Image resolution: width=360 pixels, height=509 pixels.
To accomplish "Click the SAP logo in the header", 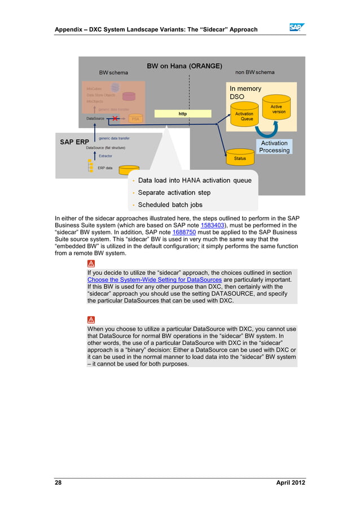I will click(297, 28).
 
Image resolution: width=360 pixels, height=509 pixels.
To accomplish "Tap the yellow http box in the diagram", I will click(182, 113).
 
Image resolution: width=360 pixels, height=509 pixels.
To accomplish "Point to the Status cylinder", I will click(240, 157).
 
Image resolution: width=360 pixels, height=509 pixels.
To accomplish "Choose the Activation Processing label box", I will click(274, 147).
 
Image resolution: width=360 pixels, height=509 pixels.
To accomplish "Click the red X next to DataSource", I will click(115, 119).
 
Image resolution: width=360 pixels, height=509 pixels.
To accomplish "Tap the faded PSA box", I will click(135, 119).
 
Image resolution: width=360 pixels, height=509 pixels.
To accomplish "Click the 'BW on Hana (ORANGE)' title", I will click(185, 65).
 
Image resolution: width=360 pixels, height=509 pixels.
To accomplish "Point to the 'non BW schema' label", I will click(255, 72).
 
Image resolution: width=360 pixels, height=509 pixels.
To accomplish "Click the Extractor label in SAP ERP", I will click(106, 156).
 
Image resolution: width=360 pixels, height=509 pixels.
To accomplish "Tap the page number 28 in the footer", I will click(58, 484).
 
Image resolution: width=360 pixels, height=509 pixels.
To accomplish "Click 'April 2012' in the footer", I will click(291, 484).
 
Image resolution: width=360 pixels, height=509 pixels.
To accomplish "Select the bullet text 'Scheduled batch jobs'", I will click(170, 205).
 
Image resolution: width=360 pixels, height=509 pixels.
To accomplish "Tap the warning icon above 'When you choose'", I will click(91, 319).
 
